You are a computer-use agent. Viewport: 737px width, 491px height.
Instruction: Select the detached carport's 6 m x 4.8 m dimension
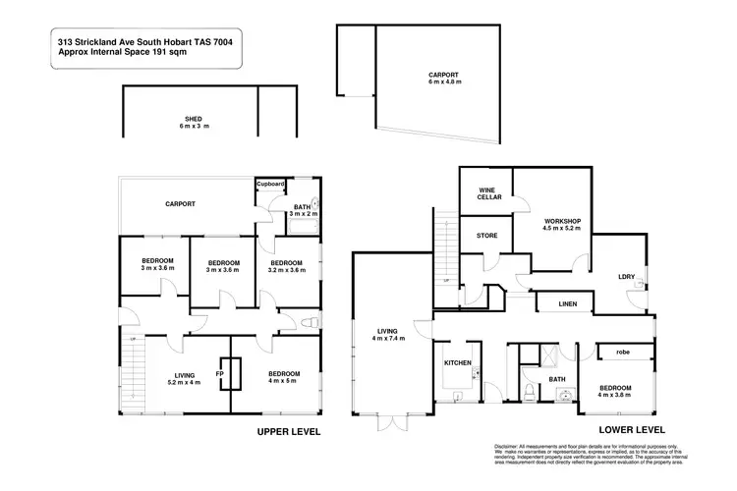tap(444, 82)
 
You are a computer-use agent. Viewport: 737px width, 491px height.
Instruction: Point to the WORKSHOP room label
tap(564, 220)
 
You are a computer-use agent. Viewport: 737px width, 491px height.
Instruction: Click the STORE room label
tap(486, 236)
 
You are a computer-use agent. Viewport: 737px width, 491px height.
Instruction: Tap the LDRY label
tap(625, 276)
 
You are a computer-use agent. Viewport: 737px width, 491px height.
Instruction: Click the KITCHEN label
tap(458, 363)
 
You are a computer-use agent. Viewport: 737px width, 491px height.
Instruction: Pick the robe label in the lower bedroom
tap(622, 352)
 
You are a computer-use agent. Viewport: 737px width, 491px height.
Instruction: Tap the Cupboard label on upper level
tap(270, 184)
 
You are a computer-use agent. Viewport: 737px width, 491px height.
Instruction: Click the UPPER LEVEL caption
tap(289, 431)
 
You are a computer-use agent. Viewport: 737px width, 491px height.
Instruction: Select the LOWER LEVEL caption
tap(634, 429)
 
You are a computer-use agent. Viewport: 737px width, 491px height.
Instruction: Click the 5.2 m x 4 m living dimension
tap(184, 381)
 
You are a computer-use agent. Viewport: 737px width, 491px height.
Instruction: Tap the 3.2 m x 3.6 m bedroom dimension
tap(286, 271)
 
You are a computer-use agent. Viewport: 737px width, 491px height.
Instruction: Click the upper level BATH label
tap(301, 206)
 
